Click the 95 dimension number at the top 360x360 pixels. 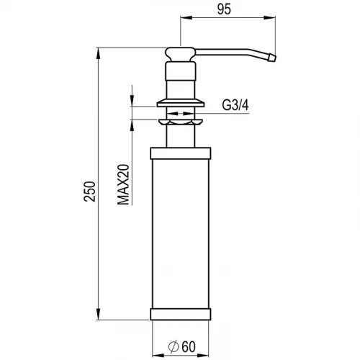tap(224, 9)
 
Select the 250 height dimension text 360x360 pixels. tap(89, 192)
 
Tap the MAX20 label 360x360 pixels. tap(123, 184)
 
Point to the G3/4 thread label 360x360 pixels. tap(235, 105)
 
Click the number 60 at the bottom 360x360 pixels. tap(189, 346)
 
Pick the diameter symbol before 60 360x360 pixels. tap(174, 347)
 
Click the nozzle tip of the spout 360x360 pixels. tap(272, 58)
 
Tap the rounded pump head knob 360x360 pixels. tap(181, 54)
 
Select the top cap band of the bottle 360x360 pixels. tap(181, 153)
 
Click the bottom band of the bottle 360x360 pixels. tap(181, 314)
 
